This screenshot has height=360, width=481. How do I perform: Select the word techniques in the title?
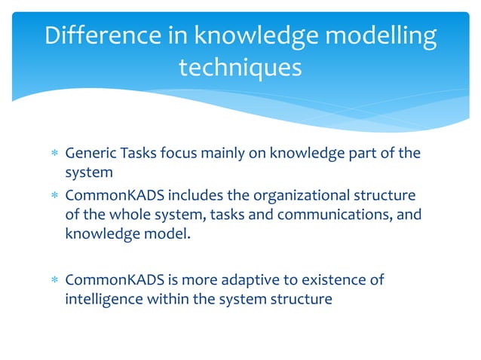coord(240,68)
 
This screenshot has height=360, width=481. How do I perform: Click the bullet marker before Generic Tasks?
coord(53,154)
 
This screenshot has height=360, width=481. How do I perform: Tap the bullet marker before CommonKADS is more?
coord(53,281)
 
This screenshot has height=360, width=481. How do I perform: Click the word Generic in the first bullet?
coord(89,154)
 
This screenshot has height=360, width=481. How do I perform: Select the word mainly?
coord(221,154)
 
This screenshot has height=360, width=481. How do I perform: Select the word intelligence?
coord(103,298)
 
